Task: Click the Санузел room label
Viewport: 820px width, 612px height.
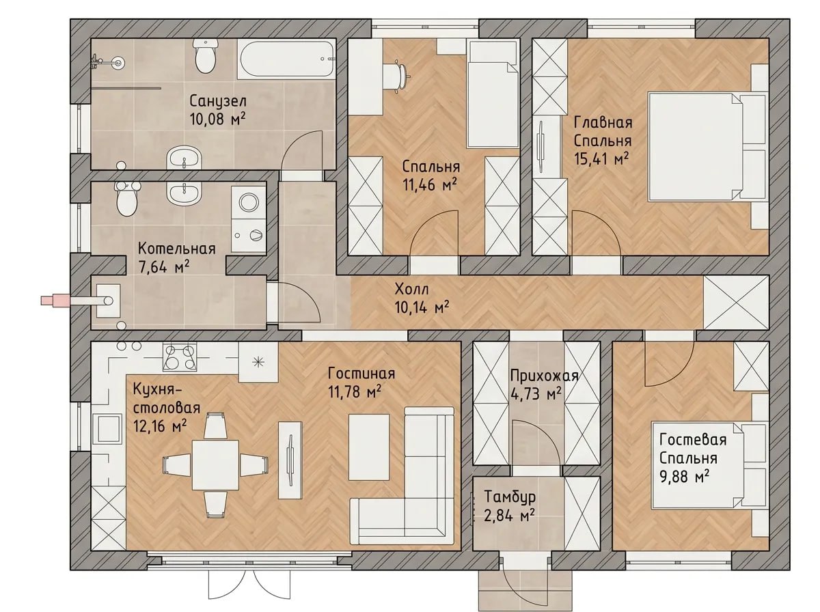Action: click(x=218, y=101)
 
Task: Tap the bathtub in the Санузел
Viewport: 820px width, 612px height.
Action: click(x=287, y=59)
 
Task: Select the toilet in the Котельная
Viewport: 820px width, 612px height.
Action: click(x=126, y=199)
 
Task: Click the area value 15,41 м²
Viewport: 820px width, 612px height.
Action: click(x=601, y=159)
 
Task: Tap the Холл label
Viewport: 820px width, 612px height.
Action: click(x=411, y=289)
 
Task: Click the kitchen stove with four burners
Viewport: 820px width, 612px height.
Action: click(x=180, y=357)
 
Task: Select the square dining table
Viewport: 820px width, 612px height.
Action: click(x=215, y=465)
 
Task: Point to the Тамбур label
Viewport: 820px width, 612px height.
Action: click(x=510, y=497)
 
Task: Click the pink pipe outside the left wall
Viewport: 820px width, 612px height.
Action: click(x=55, y=300)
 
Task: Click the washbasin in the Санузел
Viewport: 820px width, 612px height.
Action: click(x=184, y=158)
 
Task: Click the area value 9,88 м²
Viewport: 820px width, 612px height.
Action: click(x=685, y=477)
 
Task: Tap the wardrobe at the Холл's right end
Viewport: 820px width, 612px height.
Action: click(x=736, y=303)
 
